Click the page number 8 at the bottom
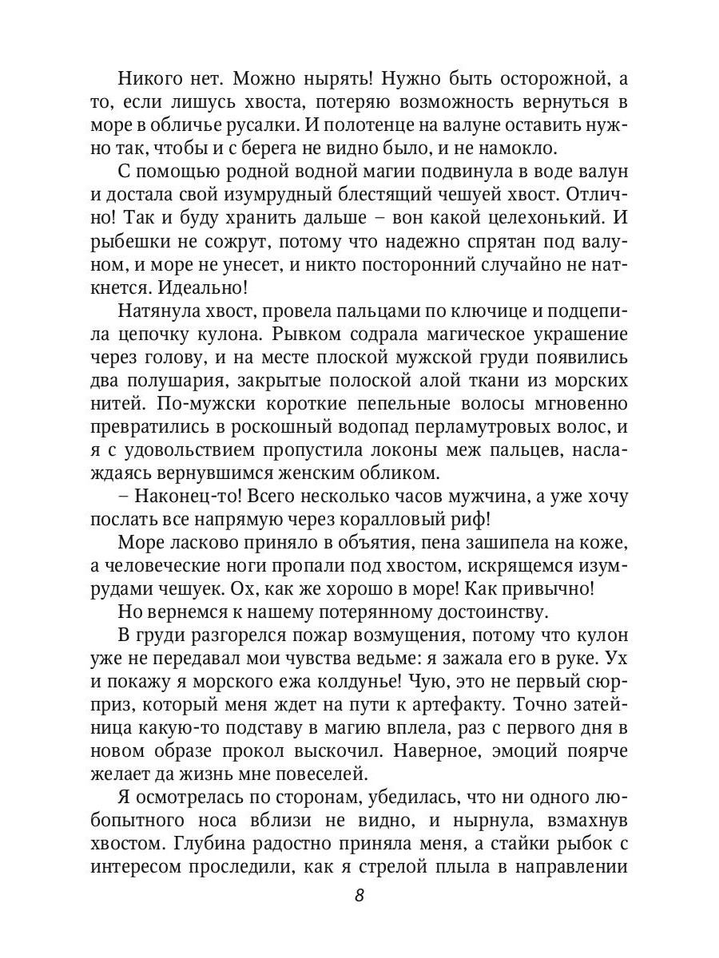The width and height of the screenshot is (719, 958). tap(359, 895)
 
